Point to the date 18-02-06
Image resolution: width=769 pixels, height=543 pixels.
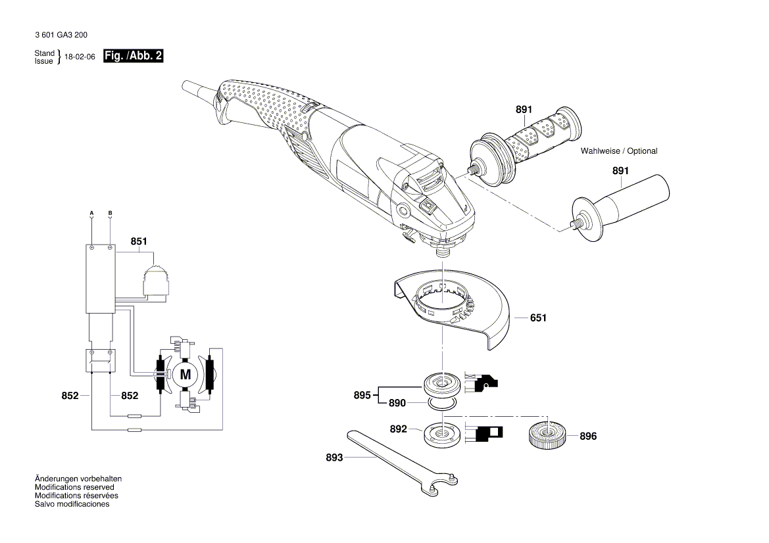tap(80, 57)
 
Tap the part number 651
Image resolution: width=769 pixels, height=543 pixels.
tap(538, 318)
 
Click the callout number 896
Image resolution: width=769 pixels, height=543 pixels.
tap(588, 436)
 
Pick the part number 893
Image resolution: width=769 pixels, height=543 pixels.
tap(334, 458)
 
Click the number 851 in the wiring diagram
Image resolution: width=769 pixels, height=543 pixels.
tap(139, 241)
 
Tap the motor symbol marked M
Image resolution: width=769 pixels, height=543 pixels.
tap(185, 375)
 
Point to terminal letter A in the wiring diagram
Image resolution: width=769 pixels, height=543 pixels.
tap(91, 213)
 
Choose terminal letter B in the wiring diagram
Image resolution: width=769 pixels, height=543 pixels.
tap(110, 213)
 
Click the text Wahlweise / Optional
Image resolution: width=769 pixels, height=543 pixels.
tap(618, 151)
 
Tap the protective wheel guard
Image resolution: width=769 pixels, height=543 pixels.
tap(454, 309)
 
